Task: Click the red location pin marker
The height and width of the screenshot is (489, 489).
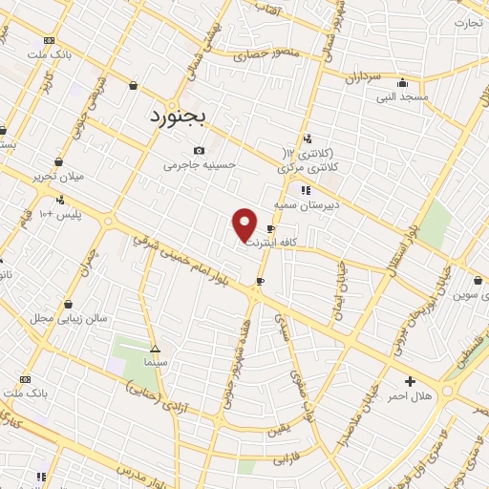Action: [x=245, y=224]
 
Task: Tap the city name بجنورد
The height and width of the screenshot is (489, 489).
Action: [x=183, y=117]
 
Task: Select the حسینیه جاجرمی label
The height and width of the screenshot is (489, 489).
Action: [x=199, y=165]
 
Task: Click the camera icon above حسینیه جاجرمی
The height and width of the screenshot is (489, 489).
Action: [x=199, y=151]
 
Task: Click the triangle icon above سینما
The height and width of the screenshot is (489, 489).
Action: [x=155, y=349]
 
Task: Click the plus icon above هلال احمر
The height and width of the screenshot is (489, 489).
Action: [x=410, y=381]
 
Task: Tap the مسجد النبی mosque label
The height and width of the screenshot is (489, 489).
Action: [x=401, y=96]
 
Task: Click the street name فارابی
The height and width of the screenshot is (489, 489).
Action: [x=286, y=460]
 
